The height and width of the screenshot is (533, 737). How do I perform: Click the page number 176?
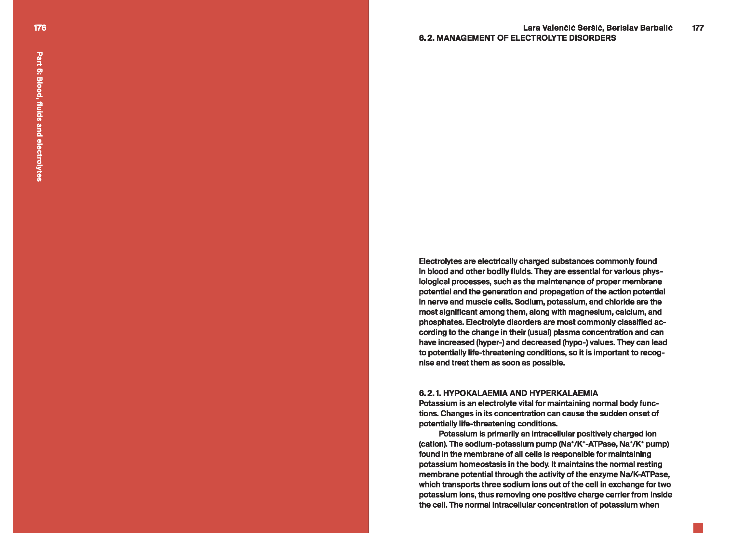pyautogui.click(x=40, y=28)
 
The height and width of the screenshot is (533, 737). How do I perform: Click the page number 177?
pyautogui.click(x=698, y=28)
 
